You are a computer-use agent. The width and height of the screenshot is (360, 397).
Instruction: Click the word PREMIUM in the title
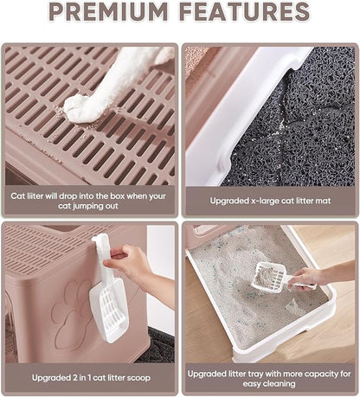click(108, 11)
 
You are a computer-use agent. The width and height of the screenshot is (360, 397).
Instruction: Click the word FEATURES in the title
click(245, 11)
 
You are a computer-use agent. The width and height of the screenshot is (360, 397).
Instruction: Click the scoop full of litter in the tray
click(270, 276)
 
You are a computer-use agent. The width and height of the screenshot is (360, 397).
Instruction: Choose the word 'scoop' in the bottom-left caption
click(140, 378)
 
